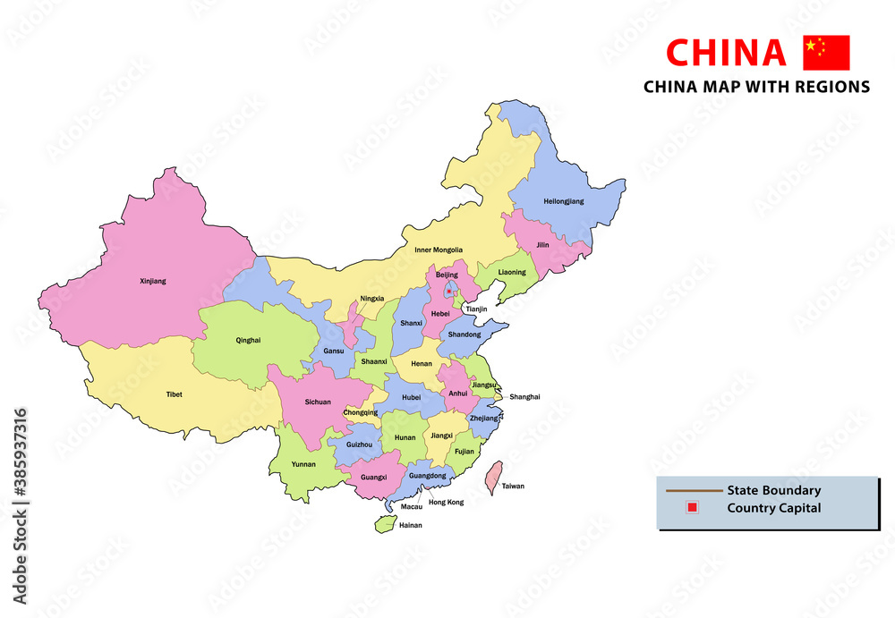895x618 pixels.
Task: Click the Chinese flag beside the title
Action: pyautogui.click(x=826, y=53)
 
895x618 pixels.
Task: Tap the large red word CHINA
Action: pyautogui.click(x=727, y=54)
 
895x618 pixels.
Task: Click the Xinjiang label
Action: pyautogui.click(x=153, y=281)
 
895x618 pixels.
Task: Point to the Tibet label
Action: pyautogui.click(x=174, y=394)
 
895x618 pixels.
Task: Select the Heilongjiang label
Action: pyautogui.click(x=563, y=201)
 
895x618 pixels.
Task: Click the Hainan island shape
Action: pyautogui.click(x=384, y=523)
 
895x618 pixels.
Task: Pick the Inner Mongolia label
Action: pyautogui.click(x=439, y=250)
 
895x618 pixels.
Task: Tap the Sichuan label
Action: pyautogui.click(x=318, y=402)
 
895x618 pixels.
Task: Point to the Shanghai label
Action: pyautogui.click(x=524, y=396)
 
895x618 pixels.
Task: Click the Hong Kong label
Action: pyautogui.click(x=447, y=503)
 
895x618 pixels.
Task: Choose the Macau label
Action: pyautogui.click(x=412, y=506)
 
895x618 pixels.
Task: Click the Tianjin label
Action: pyautogui.click(x=476, y=309)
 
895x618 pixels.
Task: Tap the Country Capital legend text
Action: pyautogui.click(x=773, y=508)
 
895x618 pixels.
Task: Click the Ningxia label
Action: pyautogui.click(x=372, y=298)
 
